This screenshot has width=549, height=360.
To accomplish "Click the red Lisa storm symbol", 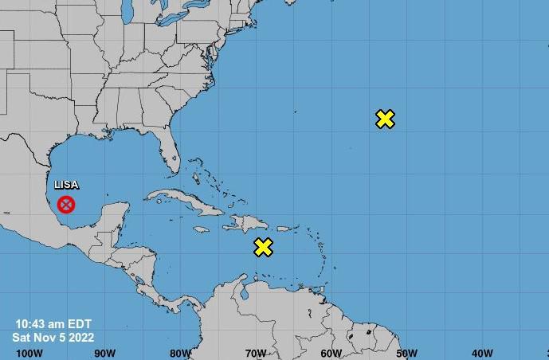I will click(x=67, y=205).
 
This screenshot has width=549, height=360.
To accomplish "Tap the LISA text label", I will click(x=66, y=185).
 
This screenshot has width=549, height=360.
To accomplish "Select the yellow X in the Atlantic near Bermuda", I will click(x=385, y=119).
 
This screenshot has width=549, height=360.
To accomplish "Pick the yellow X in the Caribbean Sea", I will click(x=263, y=247).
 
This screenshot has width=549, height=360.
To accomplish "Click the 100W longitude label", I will click(x=29, y=353).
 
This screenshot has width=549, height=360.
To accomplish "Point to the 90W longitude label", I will click(x=104, y=353).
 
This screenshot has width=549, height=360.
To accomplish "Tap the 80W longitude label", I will click(x=180, y=353).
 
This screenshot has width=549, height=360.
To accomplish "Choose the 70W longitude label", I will click(x=256, y=353).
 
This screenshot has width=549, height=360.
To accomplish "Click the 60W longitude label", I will click(x=331, y=353).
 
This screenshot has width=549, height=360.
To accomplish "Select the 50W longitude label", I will click(x=406, y=353).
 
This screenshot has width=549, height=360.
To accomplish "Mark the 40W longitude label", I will click(x=482, y=353).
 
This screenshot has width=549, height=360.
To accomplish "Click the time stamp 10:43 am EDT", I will click(x=53, y=323).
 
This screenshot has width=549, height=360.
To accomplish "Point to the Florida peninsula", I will click(x=170, y=155).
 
